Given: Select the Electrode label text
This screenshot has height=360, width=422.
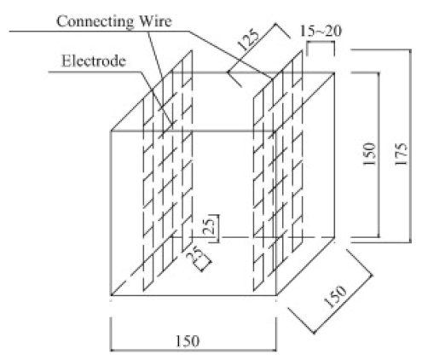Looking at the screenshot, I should click(x=90, y=59).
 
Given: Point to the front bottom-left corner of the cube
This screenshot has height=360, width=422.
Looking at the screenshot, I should click(x=113, y=299).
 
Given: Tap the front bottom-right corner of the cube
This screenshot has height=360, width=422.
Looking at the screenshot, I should click(x=275, y=299).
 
